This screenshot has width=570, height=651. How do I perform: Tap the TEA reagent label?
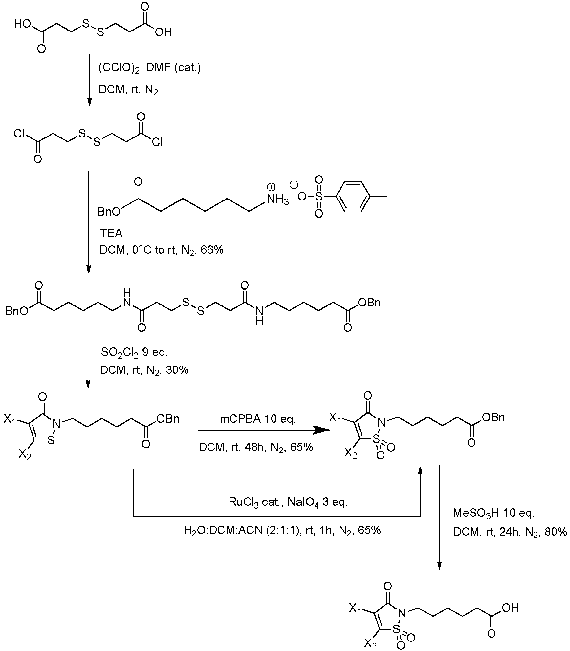(x=111, y=234)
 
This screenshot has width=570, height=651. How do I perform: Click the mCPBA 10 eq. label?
(x=258, y=420)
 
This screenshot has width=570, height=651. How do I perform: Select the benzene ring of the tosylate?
(x=354, y=197)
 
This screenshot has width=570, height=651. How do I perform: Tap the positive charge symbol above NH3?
(x=271, y=187)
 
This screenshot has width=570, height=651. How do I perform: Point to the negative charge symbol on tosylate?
(x=294, y=185)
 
